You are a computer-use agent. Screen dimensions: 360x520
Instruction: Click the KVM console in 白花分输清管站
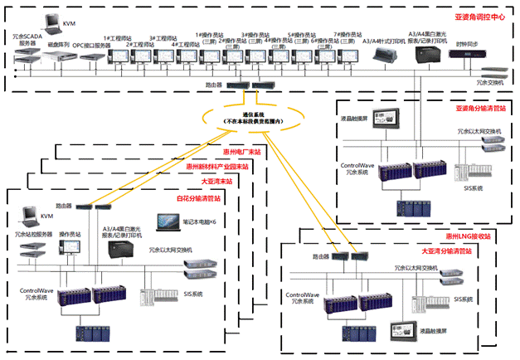[x=27, y=218]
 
